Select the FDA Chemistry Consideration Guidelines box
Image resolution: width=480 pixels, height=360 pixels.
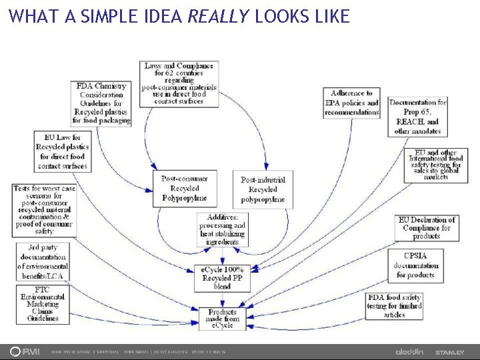coord(101,103)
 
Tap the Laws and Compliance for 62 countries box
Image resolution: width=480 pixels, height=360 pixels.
coord(179,83)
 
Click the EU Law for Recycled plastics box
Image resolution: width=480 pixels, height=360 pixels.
coord(62,151)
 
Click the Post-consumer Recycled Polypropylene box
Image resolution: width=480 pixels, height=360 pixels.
coord(185,188)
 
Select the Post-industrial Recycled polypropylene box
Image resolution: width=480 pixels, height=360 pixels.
coord(262,189)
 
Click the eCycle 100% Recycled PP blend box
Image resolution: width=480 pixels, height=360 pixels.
coord(222,277)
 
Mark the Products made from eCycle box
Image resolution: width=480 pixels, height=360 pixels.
coord(222,319)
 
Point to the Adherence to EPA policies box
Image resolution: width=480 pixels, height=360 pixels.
coord(351,103)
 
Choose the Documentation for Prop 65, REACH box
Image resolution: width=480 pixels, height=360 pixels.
coord(418,117)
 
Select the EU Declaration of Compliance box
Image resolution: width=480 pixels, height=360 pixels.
coord(426,228)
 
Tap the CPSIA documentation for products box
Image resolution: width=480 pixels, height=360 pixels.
coord(415,265)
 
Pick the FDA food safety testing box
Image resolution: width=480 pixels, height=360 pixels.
coord(394,306)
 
